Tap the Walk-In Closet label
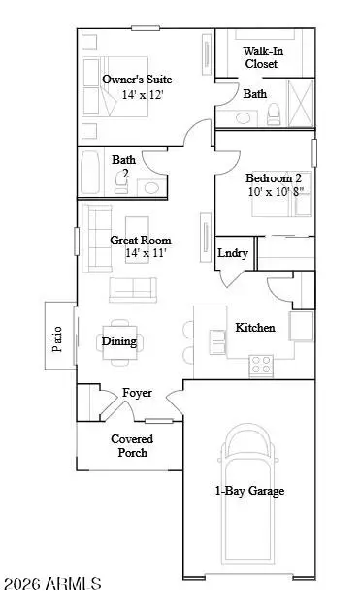pyautogui.click(x=260, y=56)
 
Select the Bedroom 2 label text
pyautogui.click(x=273, y=178)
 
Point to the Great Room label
pyautogui.click(x=141, y=240)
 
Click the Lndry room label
pyautogui.click(x=234, y=253)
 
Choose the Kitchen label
pyautogui.click(x=255, y=328)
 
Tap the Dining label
pyautogui.click(x=119, y=340)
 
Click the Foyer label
pyautogui.click(x=137, y=393)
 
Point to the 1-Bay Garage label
pyautogui.click(x=249, y=491)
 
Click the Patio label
pyautogui.click(x=56, y=336)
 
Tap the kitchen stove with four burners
pyautogui.click(x=261, y=365)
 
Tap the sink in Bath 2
pyautogui.click(x=150, y=187)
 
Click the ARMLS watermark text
pyautogui.click(x=54, y=584)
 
